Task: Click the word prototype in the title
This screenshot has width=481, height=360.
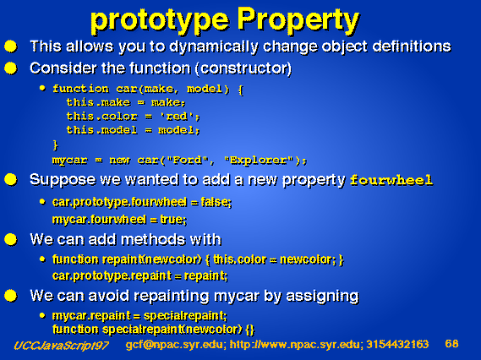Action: (x=160, y=21)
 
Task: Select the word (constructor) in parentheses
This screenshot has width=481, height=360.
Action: (x=243, y=68)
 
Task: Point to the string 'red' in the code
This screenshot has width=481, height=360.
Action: (x=177, y=117)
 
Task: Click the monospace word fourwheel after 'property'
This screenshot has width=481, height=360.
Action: (x=391, y=180)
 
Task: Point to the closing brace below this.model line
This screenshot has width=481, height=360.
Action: (x=56, y=145)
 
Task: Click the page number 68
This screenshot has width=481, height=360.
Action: (x=451, y=344)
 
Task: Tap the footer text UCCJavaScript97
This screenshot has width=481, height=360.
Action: (x=61, y=346)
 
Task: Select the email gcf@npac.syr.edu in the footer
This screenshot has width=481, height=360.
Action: (x=174, y=345)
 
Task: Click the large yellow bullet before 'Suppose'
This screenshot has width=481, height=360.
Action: (x=10, y=179)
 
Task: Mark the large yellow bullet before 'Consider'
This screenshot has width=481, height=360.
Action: (x=10, y=68)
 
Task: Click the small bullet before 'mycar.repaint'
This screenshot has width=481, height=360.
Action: (x=42, y=315)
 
